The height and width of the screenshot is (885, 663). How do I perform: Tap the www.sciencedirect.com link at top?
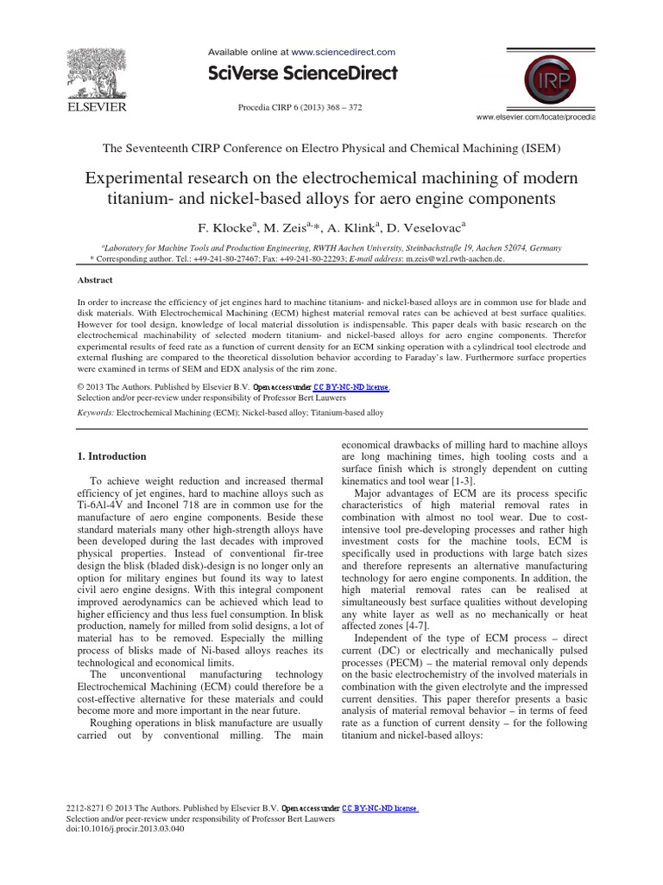344,52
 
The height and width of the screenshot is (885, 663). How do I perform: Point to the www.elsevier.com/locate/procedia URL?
535,116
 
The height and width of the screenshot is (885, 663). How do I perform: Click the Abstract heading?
95,280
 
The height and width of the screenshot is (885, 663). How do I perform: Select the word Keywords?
95,413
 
